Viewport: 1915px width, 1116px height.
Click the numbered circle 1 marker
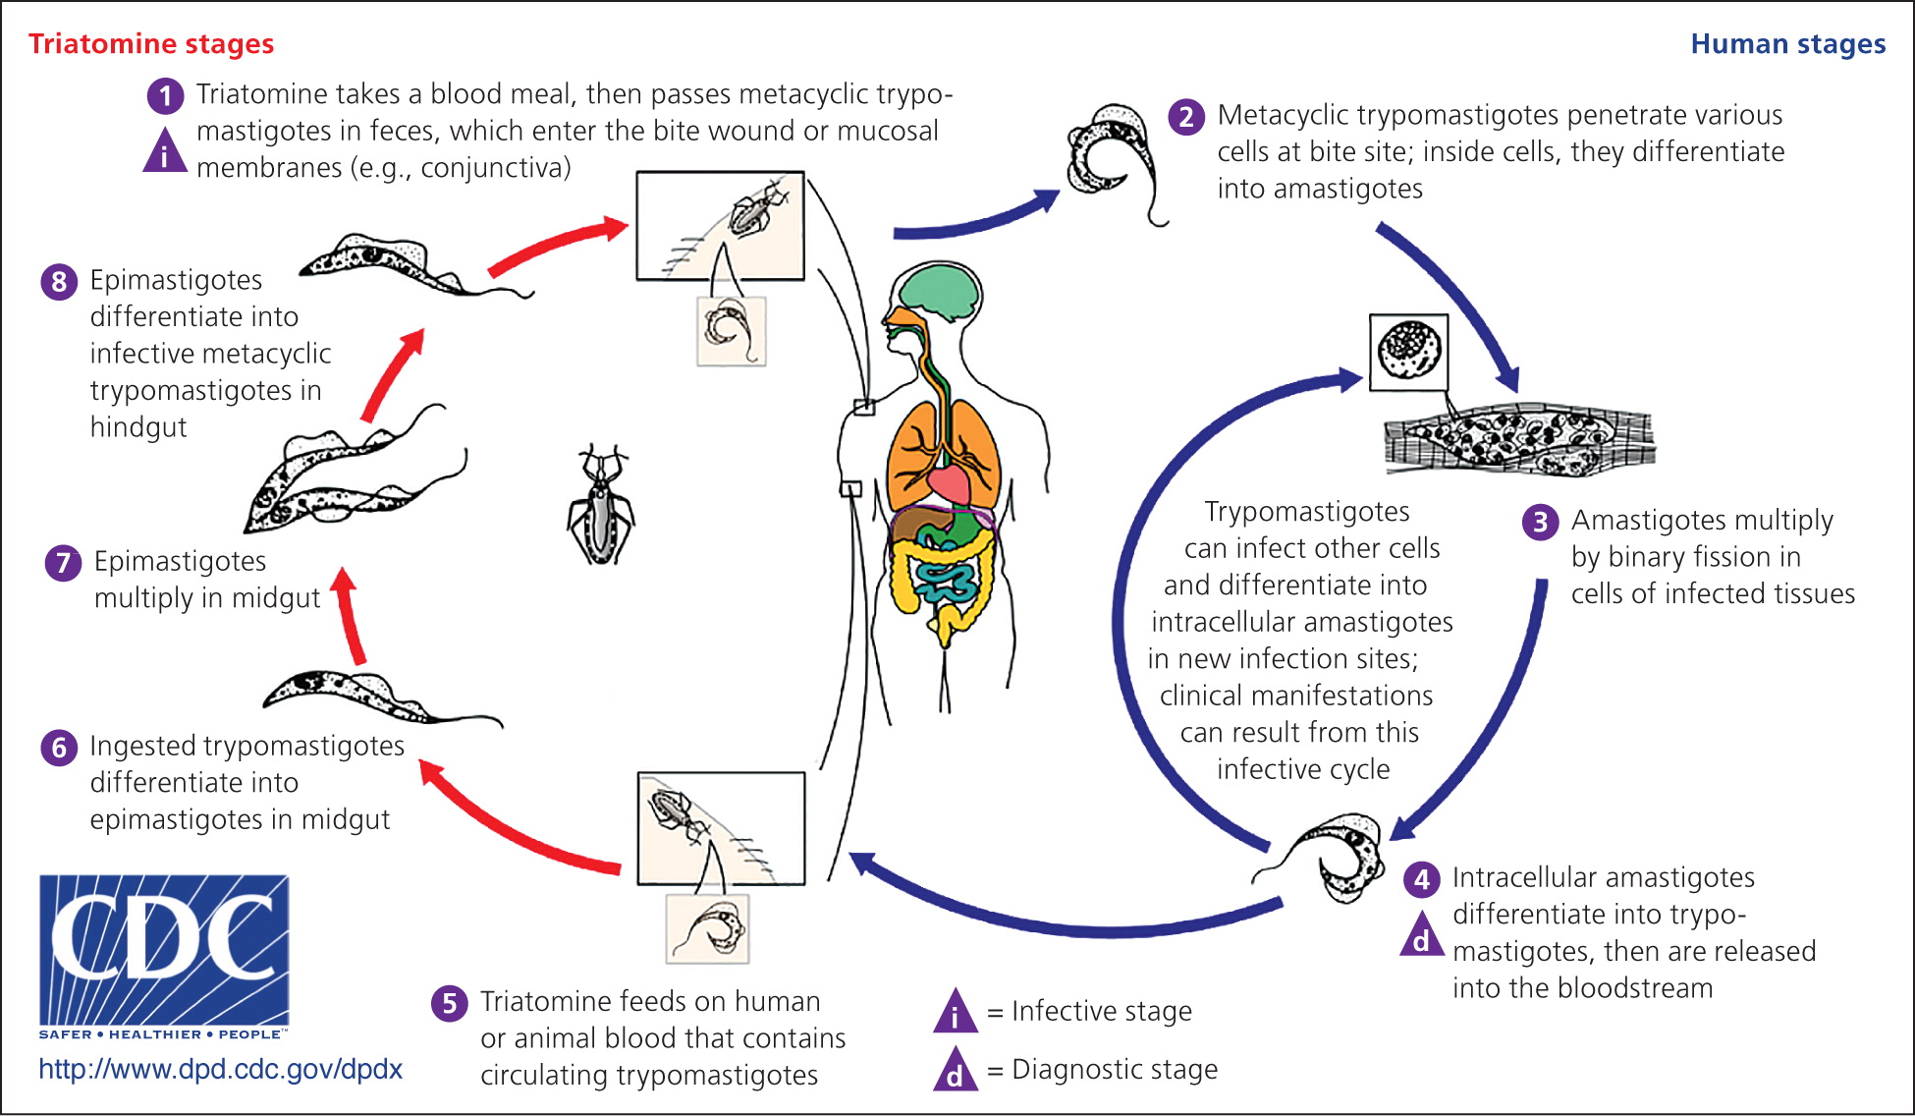point(165,95)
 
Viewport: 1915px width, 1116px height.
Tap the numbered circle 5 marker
point(449,1003)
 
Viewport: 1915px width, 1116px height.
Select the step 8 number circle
point(59,282)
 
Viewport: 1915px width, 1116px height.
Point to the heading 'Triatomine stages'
point(151,44)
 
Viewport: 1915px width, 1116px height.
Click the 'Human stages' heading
point(1787,44)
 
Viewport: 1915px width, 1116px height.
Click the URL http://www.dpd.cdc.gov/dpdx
point(221,1069)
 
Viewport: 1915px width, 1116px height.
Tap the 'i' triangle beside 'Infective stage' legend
point(955,1013)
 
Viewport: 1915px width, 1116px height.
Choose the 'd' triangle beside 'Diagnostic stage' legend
point(955,1071)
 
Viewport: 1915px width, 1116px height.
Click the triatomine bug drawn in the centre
point(601,506)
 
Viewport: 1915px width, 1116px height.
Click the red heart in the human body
point(948,483)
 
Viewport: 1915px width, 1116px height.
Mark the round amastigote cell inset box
point(1408,353)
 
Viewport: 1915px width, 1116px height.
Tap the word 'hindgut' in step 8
point(138,427)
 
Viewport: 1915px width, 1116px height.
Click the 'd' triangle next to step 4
point(1421,936)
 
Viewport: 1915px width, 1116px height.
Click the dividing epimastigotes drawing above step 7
point(354,472)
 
